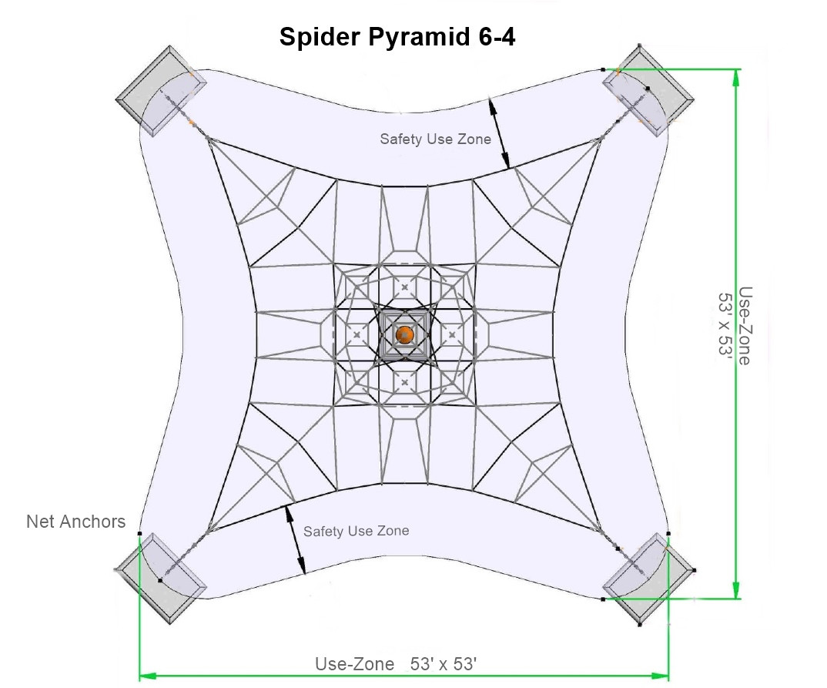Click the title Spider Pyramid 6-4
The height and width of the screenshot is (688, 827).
[397, 36]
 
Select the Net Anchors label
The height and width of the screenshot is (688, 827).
[75, 522]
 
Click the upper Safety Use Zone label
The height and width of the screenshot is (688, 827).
[435, 139]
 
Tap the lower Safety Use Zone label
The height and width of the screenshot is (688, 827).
[356, 531]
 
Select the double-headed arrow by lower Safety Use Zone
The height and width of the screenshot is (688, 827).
[296, 539]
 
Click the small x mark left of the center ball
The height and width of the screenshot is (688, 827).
[357, 335]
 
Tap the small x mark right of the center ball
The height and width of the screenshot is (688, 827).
[451, 335]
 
